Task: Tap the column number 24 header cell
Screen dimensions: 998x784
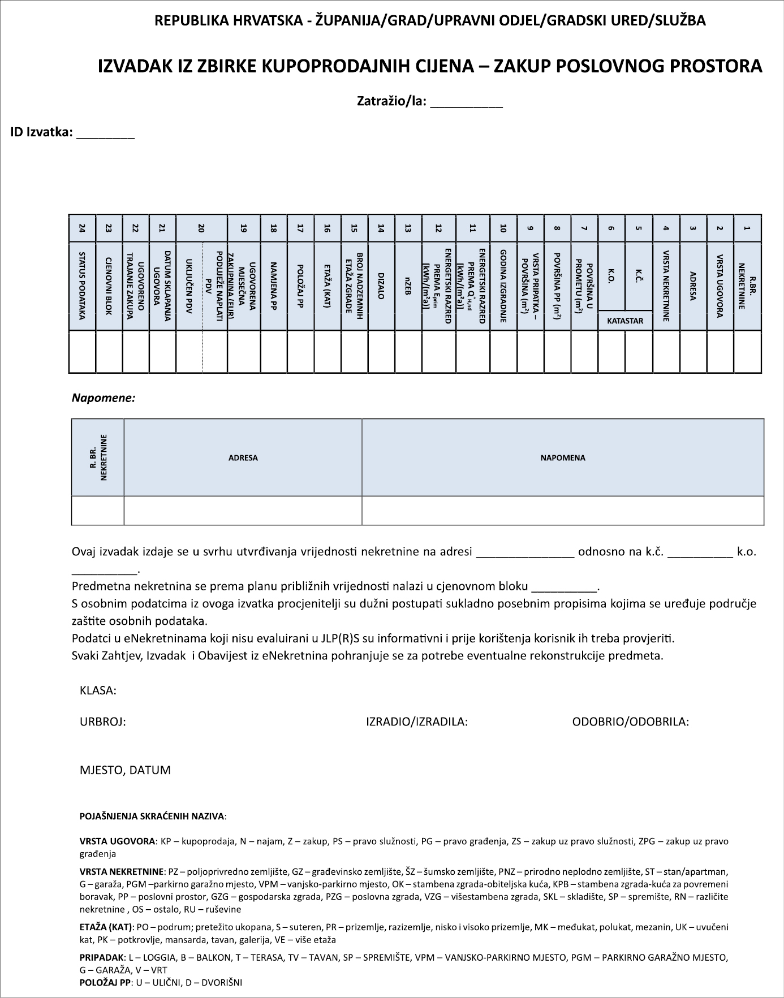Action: pos(83,228)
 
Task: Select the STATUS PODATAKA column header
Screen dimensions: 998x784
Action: pos(83,286)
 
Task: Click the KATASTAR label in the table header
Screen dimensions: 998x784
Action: pos(625,321)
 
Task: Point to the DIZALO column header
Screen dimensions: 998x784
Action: pos(381,286)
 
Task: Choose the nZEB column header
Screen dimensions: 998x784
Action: pos(408,286)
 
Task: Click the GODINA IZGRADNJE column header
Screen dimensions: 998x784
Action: pos(503,286)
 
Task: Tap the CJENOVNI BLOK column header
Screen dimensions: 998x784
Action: pos(109,286)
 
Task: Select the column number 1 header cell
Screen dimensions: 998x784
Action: pos(747,228)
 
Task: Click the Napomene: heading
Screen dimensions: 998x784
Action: pos(104,398)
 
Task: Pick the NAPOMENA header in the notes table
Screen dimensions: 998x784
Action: pos(563,458)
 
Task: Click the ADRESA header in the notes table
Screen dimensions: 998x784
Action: pos(243,458)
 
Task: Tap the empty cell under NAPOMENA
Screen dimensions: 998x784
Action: pos(563,511)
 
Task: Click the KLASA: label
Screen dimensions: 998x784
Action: pos(98,690)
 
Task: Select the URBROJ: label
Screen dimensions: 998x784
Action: pos(103,722)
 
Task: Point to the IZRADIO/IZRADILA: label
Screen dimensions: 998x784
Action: pos(417,722)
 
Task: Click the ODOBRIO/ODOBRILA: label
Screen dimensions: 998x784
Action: pos(631,722)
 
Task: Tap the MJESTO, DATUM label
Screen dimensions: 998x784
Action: pos(125,770)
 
